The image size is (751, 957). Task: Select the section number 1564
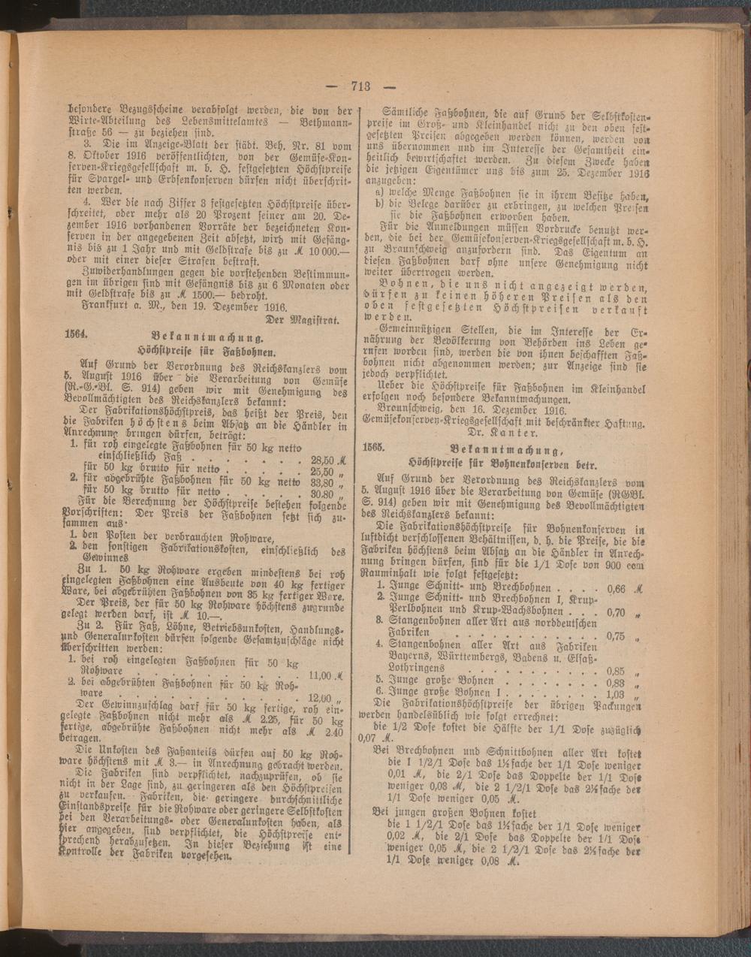(x=77, y=335)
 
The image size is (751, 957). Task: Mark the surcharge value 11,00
(x=320, y=675)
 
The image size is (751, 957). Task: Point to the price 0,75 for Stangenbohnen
(x=615, y=635)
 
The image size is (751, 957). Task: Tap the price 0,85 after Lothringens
(x=615, y=671)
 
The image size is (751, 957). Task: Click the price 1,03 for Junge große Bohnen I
(x=615, y=694)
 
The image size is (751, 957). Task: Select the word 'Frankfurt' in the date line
(x=104, y=306)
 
